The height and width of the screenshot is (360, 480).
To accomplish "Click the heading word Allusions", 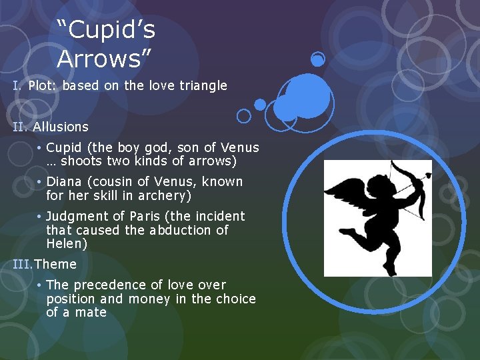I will (x=61, y=127).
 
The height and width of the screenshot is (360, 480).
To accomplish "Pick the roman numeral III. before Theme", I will (x=23, y=264).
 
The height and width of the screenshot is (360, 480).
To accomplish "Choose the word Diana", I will (x=65, y=181).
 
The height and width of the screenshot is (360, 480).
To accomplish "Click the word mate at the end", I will (x=91, y=313).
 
